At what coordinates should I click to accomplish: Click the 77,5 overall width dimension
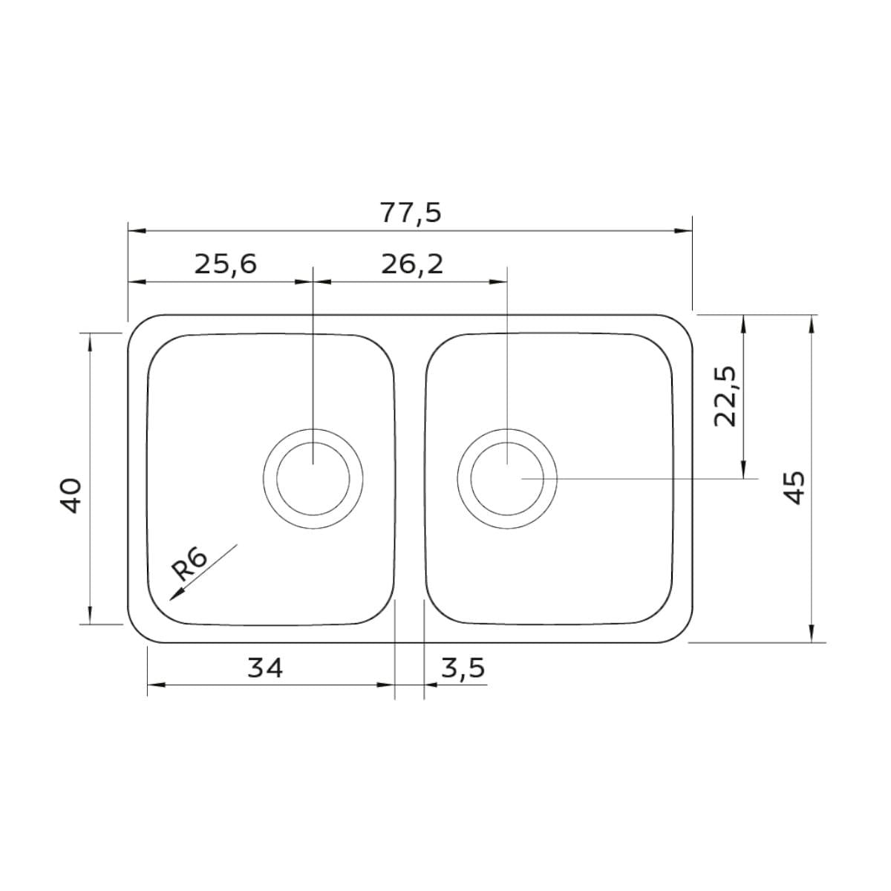tap(411, 213)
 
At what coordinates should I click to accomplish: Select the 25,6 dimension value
tap(225, 265)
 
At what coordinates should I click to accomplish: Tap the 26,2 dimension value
tap(412, 265)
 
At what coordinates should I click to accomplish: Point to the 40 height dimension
tap(72, 496)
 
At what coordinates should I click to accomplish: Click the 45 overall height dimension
tap(796, 488)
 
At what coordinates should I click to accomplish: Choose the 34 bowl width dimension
tap(265, 668)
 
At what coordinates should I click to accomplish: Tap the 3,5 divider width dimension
tap(463, 668)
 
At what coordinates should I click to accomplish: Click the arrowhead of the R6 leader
tap(174, 595)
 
